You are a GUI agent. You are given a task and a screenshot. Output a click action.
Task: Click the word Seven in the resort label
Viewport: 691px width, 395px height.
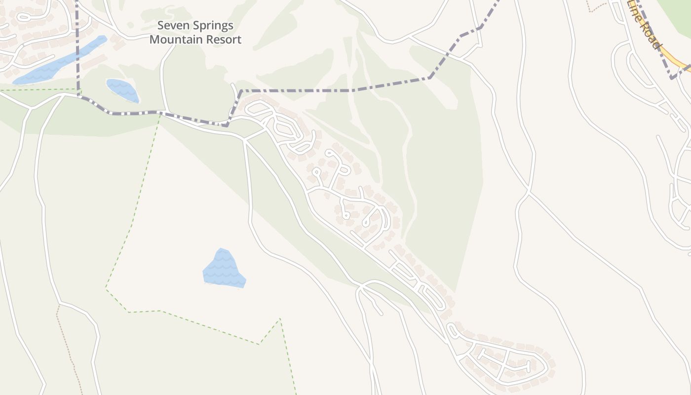(171, 26)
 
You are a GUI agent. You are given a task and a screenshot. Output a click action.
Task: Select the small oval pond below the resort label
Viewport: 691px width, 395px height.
(122, 90)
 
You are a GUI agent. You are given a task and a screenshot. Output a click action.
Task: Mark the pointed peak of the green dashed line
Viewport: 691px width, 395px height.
(280, 319)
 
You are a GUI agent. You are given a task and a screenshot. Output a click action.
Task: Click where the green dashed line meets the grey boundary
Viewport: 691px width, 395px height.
(160, 114)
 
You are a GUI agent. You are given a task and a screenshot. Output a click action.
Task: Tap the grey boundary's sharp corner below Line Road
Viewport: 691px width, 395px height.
(671, 78)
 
